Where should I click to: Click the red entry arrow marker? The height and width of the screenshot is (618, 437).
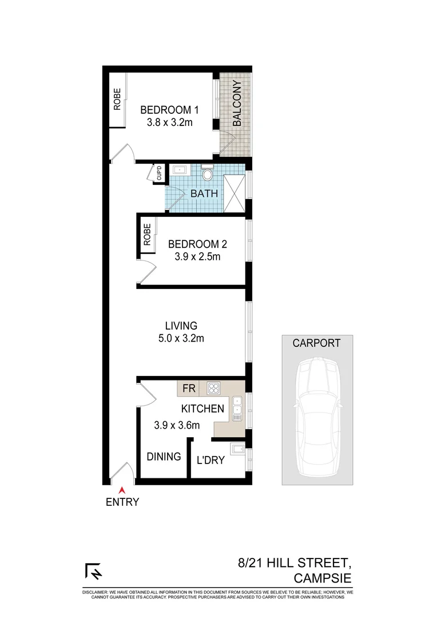point(122,489)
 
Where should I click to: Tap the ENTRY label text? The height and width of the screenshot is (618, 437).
point(122,503)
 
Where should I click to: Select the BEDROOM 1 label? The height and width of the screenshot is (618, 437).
point(169,110)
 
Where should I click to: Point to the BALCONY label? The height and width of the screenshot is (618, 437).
point(237,103)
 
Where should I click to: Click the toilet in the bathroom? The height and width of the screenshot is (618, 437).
point(208,172)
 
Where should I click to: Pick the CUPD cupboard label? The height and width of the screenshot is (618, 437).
point(160,173)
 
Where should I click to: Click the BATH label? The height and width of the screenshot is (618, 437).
point(204,193)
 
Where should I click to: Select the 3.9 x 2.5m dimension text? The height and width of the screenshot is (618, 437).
point(198,257)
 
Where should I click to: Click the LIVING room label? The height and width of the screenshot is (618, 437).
point(181,326)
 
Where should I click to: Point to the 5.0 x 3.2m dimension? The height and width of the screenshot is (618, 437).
point(181,338)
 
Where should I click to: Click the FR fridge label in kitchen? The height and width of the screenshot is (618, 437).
point(188,389)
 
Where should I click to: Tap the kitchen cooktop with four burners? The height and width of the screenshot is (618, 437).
point(214,389)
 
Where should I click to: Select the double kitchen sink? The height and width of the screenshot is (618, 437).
point(236,409)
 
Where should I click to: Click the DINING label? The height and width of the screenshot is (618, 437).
point(164,457)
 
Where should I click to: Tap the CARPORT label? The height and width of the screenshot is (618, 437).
point(316,343)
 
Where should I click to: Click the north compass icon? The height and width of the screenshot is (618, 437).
point(93,572)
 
